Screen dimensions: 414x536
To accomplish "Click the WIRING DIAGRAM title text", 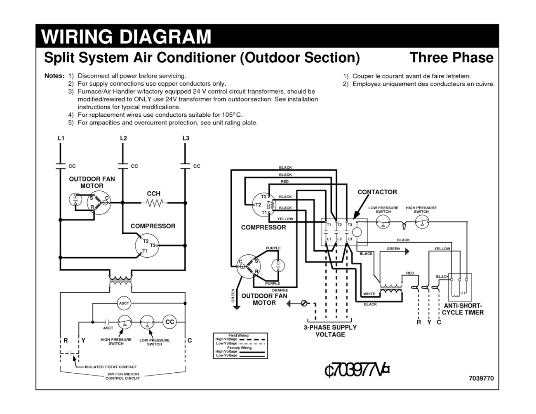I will pos(127,37).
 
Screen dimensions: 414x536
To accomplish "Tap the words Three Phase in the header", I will pos(451,57).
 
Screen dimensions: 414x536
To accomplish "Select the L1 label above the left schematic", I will pos(61,138).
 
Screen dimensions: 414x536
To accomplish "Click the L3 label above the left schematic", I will pos(186,138).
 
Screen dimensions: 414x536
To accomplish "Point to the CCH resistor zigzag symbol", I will pos(154,202).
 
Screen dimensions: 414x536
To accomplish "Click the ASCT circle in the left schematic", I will pos(124,303).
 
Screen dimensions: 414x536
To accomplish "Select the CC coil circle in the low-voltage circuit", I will pos(169,322).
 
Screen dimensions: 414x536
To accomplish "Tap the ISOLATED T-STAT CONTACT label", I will pos(110,367).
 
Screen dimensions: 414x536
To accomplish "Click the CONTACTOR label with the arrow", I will pos(377,192).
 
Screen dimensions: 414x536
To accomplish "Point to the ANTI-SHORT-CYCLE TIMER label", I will pos(463,309).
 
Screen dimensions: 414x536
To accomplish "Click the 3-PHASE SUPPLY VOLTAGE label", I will pos(330,331).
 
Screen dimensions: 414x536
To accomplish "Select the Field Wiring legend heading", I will pos(238,336).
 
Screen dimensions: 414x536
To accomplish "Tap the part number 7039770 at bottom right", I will pos(481,378).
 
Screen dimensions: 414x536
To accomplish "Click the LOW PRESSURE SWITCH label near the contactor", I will pos(383,209).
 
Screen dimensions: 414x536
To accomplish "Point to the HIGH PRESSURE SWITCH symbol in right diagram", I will pos(421,223).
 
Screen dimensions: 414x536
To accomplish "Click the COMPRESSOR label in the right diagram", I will pos(263,227).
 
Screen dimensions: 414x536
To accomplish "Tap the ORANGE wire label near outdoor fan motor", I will pos(280,290).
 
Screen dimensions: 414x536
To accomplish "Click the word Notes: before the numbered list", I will pos(54,76).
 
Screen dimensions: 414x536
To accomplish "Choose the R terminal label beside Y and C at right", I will pos(418,322).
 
